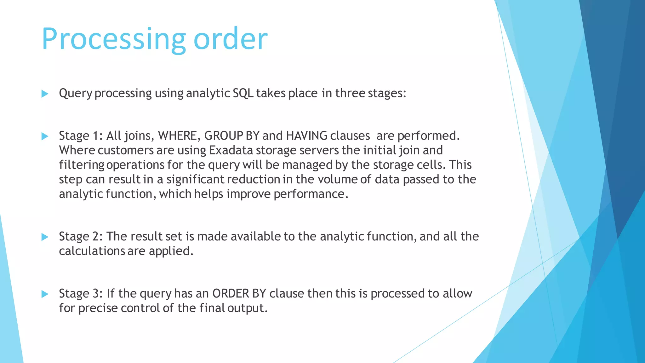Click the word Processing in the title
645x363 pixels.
(114, 39)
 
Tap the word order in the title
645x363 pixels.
(230, 39)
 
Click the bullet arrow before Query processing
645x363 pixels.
(45, 94)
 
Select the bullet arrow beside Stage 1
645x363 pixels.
(45, 136)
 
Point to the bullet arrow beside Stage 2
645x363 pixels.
(45, 237)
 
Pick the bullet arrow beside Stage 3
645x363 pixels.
(45, 294)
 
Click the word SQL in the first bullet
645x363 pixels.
(243, 93)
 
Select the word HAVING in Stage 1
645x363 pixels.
(306, 136)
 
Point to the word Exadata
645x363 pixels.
(231, 150)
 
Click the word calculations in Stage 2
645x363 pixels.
(92, 251)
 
